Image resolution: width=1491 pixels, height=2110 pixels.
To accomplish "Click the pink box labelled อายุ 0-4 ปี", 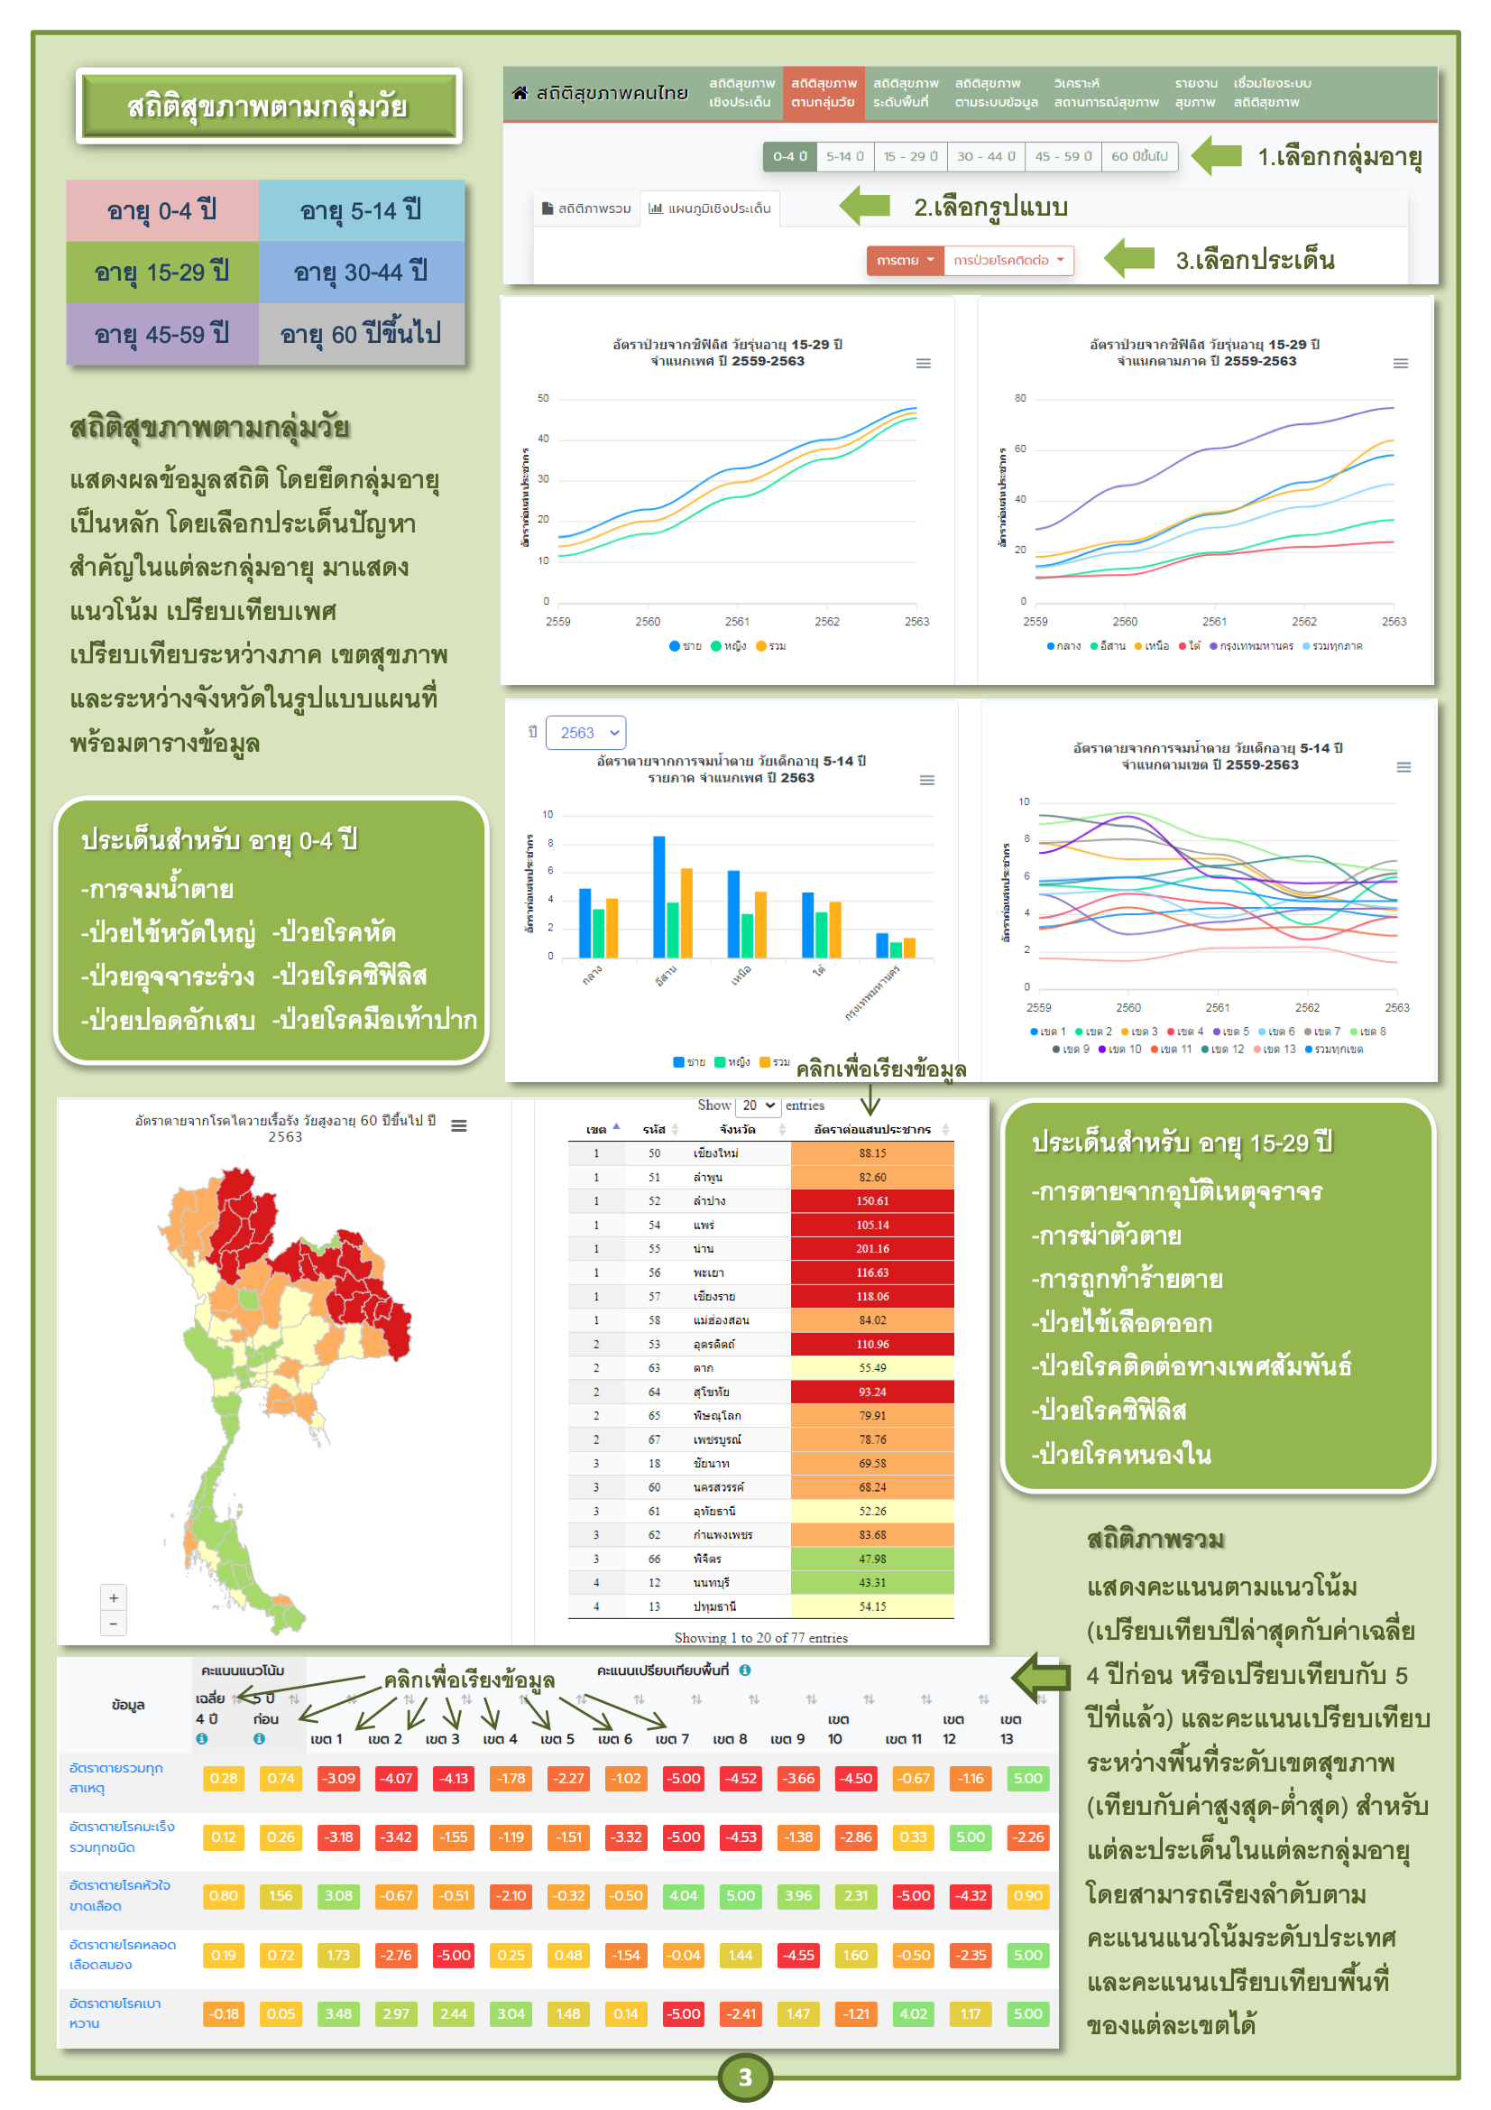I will pyautogui.click(x=161, y=210).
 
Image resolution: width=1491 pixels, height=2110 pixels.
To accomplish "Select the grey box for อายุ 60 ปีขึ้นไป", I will pyautogui.click(x=360, y=334).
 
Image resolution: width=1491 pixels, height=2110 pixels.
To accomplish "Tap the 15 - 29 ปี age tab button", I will pyautogui.click(x=909, y=156).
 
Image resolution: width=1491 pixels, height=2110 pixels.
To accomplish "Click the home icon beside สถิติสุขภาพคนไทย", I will pyautogui.click(x=520, y=93).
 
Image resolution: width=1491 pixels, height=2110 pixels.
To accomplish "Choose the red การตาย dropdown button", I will pyautogui.click(x=904, y=260).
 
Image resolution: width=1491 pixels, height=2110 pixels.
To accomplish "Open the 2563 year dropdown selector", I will pyautogui.click(x=585, y=733).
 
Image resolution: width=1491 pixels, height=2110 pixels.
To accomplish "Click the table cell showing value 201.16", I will pyautogui.click(x=872, y=1249).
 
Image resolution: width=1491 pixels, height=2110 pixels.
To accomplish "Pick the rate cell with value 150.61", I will pyautogui.click(x=872, y=1201).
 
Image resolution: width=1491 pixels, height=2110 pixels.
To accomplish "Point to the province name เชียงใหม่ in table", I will pyautogui.click(x=714, y=1153).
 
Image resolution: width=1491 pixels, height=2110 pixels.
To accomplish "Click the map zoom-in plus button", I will pyautogui.click(x=114, y=1598).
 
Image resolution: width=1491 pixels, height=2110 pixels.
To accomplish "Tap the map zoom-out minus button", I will pyautogui.click(x=114, y=1624).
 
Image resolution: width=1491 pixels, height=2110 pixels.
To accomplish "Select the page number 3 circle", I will pyautogui.click(x=745, y=2077).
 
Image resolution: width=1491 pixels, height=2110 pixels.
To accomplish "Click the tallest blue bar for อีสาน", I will pyautogui.click(x=658, y=896).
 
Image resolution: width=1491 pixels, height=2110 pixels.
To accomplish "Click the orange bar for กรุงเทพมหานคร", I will pyautogui.click(x=909, y=948).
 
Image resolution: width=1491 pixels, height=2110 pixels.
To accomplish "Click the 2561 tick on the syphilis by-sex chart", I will pyautogui.click(x=737, y=621).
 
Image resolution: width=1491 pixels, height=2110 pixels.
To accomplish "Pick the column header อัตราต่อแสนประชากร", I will pyautogui.click(x=872, y=1129).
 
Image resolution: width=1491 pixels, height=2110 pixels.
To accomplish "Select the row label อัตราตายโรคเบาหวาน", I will pyautogui.click(x=115, y=2013).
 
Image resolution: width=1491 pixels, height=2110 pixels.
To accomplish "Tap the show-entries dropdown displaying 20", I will pyautogui.click(x=759, y=1106).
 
